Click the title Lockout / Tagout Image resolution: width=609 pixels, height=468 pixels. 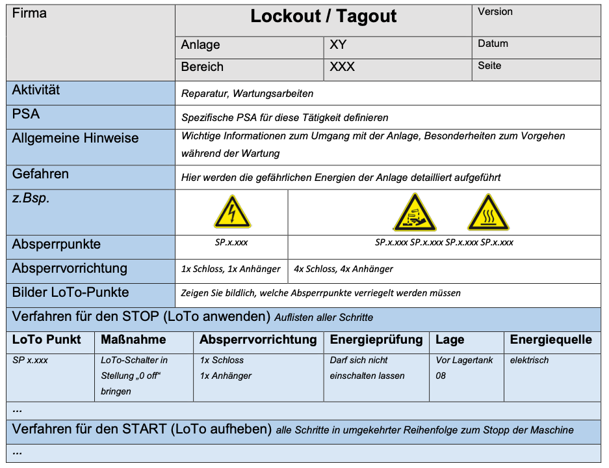(323, 16)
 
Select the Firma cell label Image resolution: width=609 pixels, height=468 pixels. (29, 13)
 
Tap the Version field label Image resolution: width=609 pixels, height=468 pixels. (495, 12)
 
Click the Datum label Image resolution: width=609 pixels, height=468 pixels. (493, 44)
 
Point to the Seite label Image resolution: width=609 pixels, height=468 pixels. (489, 66)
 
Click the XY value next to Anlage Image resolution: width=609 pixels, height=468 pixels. (338, 45)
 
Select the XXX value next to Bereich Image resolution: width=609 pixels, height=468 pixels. (342, 67)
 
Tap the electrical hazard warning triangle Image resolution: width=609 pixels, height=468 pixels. (231, 212)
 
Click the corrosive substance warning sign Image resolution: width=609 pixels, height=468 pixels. (414, 212)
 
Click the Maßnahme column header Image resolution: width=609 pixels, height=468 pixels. (133, 340)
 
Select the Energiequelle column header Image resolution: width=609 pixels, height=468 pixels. (551, 340)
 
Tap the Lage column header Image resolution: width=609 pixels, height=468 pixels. (450, 340)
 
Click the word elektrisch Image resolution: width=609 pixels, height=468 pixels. (529, 360)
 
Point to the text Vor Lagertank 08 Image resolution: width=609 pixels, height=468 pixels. (464, 368)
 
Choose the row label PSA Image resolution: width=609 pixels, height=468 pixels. (26, 115)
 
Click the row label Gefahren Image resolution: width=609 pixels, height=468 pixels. (40, 174)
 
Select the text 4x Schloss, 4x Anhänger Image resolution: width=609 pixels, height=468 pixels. (343, 269)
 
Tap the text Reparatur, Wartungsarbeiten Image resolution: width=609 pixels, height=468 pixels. (247, 94)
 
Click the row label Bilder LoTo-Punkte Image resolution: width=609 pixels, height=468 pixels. (70, 292)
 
